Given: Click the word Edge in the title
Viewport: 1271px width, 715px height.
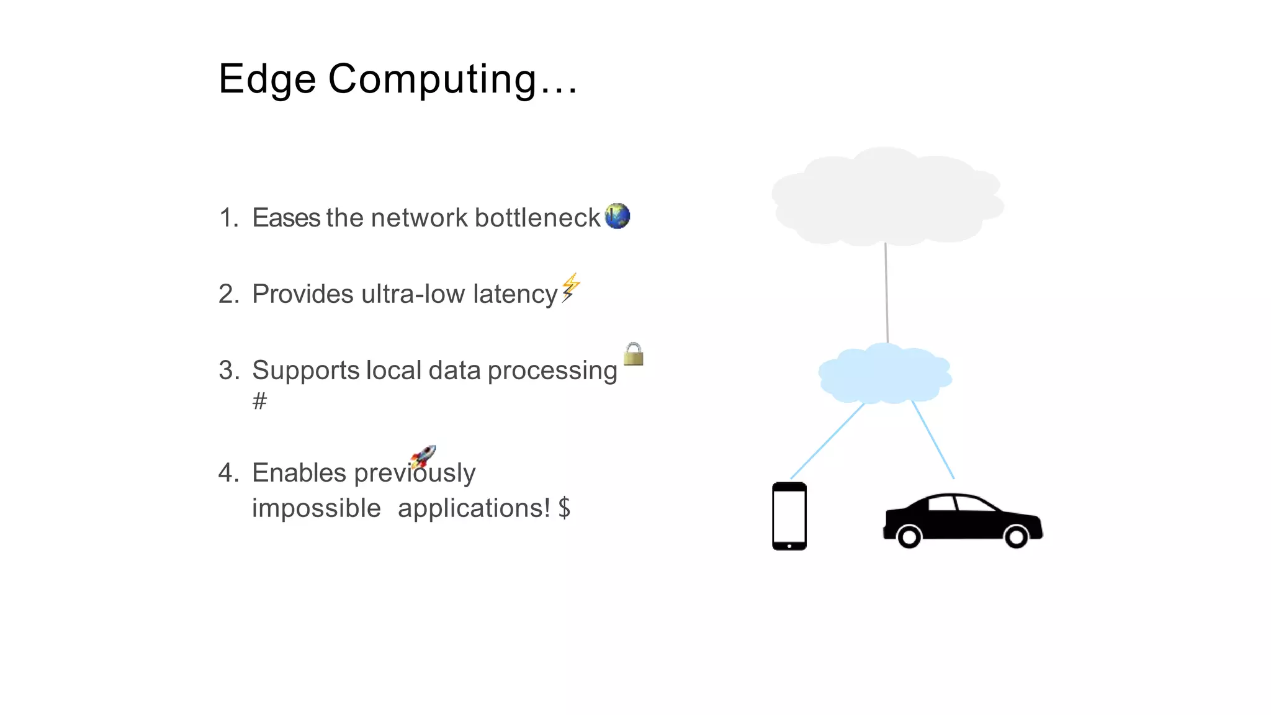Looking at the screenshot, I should [267, 79].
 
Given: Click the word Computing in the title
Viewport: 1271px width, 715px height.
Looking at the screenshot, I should [432, 79].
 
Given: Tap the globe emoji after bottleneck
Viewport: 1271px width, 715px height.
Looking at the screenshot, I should [617, 216].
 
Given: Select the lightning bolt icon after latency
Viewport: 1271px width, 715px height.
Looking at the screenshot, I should [570, 287].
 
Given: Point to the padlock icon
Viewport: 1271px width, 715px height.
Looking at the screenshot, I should [634, 354].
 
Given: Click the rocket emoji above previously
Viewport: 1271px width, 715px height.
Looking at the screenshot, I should [423, 457].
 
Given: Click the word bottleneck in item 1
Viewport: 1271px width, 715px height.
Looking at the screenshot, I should [537, 218].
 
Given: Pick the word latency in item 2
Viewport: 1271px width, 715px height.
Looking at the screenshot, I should [515, 294].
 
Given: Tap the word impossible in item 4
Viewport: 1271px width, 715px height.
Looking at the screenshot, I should [317, 508].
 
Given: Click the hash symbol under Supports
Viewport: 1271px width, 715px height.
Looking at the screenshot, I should [259, 401].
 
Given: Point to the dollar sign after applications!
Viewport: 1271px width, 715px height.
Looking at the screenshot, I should [564, 508].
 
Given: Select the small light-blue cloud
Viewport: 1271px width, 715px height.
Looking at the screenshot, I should [884, 374].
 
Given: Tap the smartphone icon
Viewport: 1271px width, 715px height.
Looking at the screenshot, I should [789, 516].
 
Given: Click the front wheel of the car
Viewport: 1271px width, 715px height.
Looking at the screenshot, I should [1016, 536].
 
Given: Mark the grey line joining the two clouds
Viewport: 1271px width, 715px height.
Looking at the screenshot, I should [886, 292].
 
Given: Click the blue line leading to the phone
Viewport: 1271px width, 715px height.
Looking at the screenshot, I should [827, 441].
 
